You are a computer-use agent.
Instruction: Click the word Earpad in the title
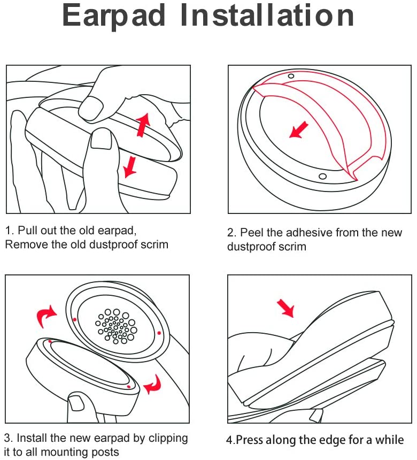(113, 16)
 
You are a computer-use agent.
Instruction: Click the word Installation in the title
(266, 15)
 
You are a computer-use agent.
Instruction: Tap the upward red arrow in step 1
(143, 124)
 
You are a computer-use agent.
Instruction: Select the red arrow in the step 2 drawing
(299, 129)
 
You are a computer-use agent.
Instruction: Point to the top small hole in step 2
(291, 76)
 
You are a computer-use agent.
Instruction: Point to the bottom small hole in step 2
(322, 177)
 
